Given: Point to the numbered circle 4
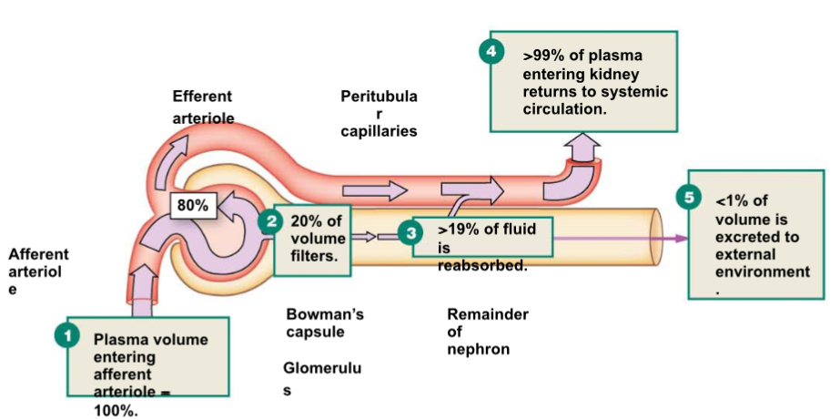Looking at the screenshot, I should [x=491, y=51].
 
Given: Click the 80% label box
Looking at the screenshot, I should [x=192, y=206].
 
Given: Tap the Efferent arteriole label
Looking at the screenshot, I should [x=202, y=107].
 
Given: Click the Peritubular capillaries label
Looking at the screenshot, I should [x=379, y=113].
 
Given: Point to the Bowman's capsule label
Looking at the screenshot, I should [x=325, y=323].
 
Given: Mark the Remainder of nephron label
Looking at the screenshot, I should [x=487, y=331].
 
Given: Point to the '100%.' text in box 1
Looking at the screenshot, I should [x=116, y=411].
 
